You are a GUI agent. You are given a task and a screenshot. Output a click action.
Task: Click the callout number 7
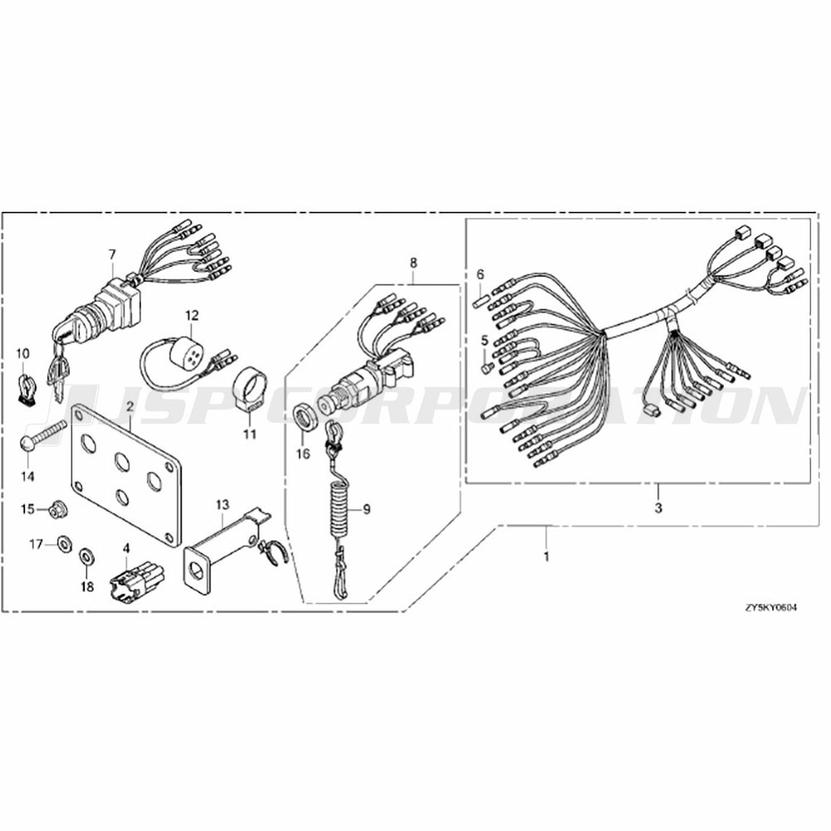[112, 255]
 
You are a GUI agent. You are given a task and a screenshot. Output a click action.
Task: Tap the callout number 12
[192, 315]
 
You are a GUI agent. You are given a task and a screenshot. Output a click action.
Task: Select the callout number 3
[658, 509]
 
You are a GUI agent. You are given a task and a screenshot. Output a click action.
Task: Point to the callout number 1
[547, 557]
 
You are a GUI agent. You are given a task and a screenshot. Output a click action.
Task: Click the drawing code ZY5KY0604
[770, 607]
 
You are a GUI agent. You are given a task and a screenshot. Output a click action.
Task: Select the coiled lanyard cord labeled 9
[338, 509]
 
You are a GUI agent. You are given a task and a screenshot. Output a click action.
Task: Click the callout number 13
[223, 505]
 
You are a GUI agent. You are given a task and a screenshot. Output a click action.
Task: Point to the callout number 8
[413, 263]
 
